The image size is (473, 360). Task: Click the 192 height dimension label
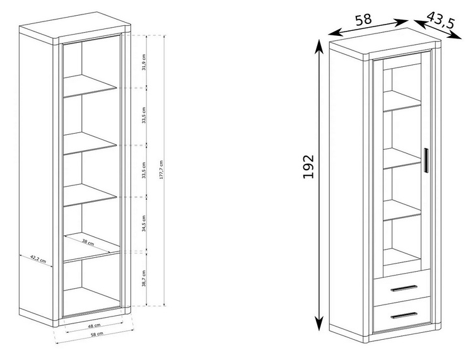(x=308, y=166)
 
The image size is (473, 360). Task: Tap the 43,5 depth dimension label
(x=440, y=20)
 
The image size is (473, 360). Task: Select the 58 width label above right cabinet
(x=363, y=20)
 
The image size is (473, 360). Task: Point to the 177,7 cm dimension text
(x=161, y=170)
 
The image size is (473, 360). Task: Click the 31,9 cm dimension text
(x=144, y=62)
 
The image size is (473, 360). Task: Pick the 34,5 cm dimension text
(x=144, y=223)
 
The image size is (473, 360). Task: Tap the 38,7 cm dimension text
(x=144, y=278)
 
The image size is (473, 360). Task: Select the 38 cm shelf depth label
(x=88, y=241)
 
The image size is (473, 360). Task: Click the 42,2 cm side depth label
(x=38, y=259)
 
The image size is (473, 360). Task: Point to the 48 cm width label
(x=94, y=325)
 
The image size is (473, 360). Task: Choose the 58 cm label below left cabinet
(x=97, y=334)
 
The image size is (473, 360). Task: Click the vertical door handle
(x=426, y=160)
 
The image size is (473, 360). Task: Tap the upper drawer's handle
(x=404, y=288)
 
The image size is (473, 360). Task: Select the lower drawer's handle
(x=404, y=315)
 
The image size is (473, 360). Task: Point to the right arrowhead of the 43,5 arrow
(x=456, y=36)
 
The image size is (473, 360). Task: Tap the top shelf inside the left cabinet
(x=90, y=86)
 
